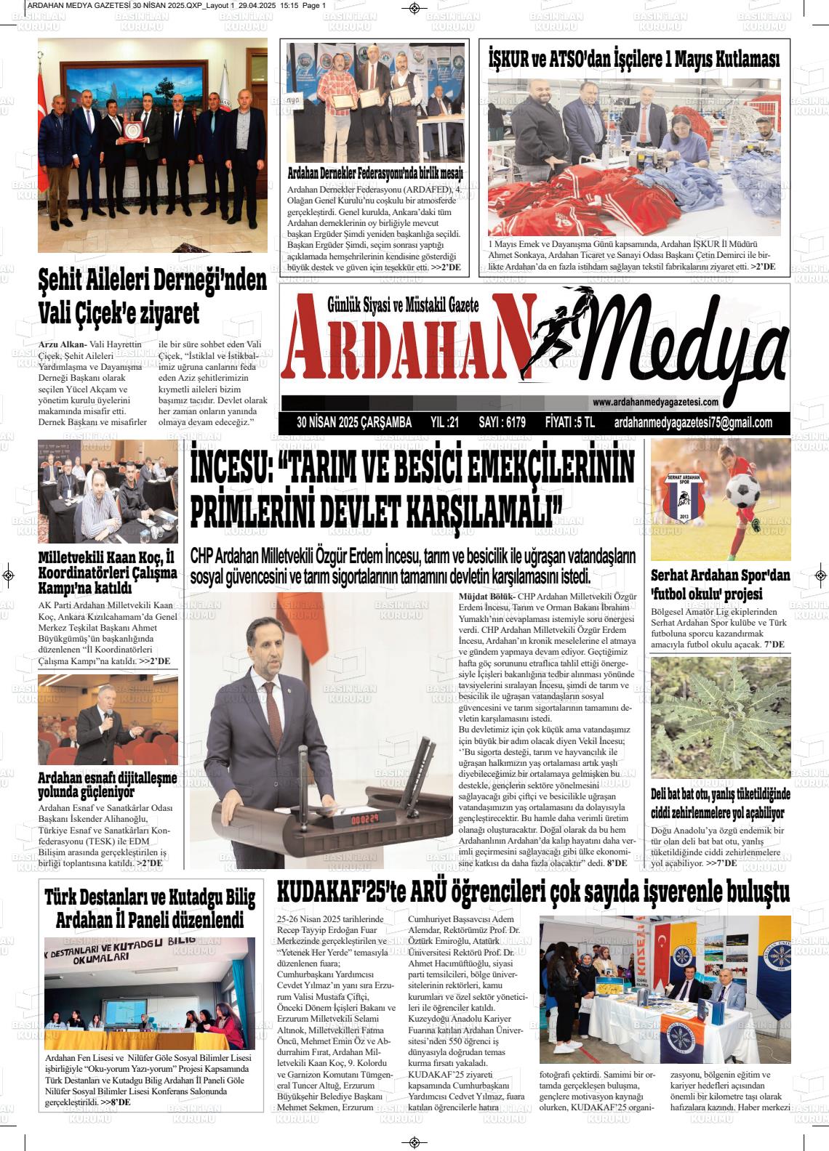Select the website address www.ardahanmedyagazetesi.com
tap(655, 402)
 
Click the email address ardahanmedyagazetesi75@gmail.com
tap(693, 423)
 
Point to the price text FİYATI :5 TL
tap(569, 423)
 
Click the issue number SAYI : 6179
tap(502, 423)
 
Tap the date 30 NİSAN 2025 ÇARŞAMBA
tap(354, 423)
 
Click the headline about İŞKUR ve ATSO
tap(634, 60)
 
